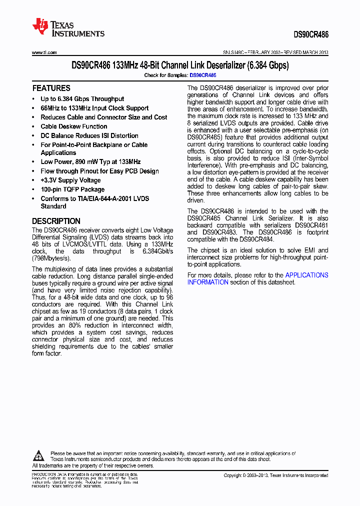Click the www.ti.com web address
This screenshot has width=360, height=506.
click(x=44, y=52)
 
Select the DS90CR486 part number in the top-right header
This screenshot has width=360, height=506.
click(x=311, y=35)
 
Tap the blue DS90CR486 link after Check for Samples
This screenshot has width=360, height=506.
click(x=202, y=75)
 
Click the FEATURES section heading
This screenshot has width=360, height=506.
click(x=51, y=88)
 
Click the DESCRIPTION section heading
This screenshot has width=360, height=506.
click(x=56, y=221)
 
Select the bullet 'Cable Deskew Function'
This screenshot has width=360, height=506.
click(x=74, y=126)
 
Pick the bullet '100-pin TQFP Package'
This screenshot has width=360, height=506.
click(x=72, y=189)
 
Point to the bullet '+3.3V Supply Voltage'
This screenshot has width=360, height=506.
click(x=70, y=180)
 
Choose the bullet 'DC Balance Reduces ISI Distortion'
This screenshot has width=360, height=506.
click(x=89, y=135)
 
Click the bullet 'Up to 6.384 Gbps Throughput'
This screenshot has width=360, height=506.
click(x=82, y=99)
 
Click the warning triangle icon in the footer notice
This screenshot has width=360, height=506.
click(x=39, y=455)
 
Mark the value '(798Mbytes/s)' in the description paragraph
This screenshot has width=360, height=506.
click(x=52, y=258)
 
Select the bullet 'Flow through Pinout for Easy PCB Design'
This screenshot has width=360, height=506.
click(x=99, y=171)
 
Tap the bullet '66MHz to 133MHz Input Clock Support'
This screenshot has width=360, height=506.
click(x=94, y=108)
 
